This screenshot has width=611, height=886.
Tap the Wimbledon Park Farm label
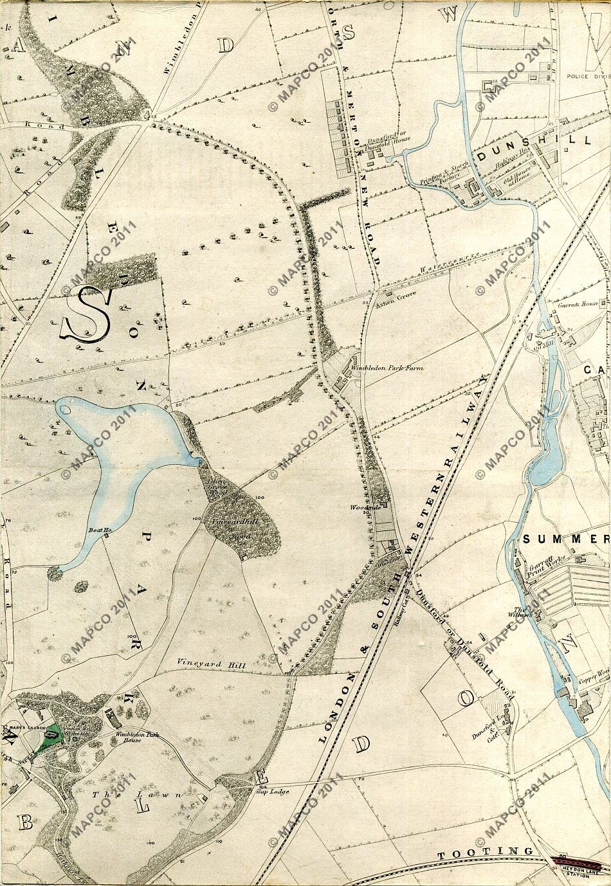(377, 370)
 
